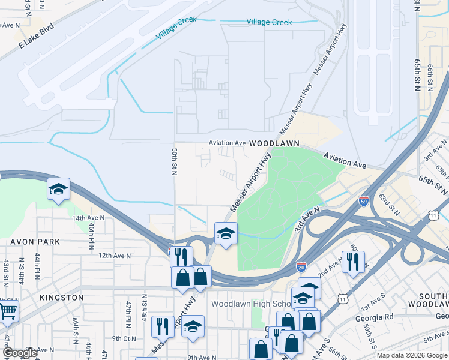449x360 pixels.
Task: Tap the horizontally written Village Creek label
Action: point(269,22)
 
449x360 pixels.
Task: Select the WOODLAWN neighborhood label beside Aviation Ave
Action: point(273,144)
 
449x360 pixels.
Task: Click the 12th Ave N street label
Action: point(113,255)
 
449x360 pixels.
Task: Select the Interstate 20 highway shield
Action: point(301,266)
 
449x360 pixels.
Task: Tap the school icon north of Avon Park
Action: point(59,189)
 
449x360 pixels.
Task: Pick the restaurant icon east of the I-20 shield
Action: point(353,262)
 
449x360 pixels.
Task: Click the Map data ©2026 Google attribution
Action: point(412,355)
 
